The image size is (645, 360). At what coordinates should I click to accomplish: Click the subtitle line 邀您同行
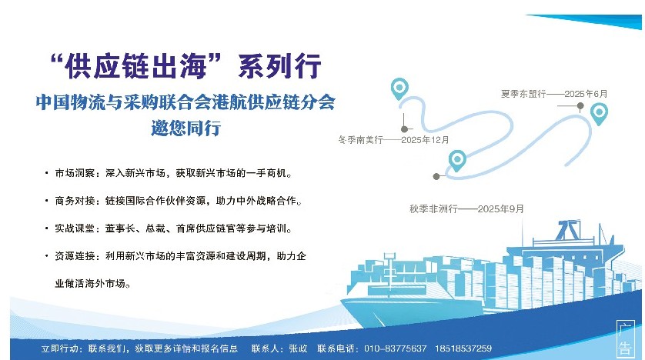186,128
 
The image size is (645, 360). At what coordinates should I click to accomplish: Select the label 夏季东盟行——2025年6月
554,94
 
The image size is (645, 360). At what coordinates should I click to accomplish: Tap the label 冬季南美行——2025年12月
393,140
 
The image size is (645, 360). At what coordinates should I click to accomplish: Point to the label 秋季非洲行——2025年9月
466,208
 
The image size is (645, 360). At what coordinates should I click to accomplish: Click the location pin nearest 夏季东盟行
599,115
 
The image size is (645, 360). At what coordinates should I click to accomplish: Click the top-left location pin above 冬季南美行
399,88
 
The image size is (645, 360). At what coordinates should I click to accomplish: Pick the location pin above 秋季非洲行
457,161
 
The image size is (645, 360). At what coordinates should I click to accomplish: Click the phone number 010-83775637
396,348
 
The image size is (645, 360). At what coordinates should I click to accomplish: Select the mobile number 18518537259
463,348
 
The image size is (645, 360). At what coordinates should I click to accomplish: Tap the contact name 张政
298,348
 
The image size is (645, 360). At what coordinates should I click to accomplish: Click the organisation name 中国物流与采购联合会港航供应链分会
185,102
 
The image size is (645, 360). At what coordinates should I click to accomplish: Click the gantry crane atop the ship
569,230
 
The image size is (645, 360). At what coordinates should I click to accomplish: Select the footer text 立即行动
58,348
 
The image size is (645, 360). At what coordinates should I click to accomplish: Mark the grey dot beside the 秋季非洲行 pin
436,176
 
